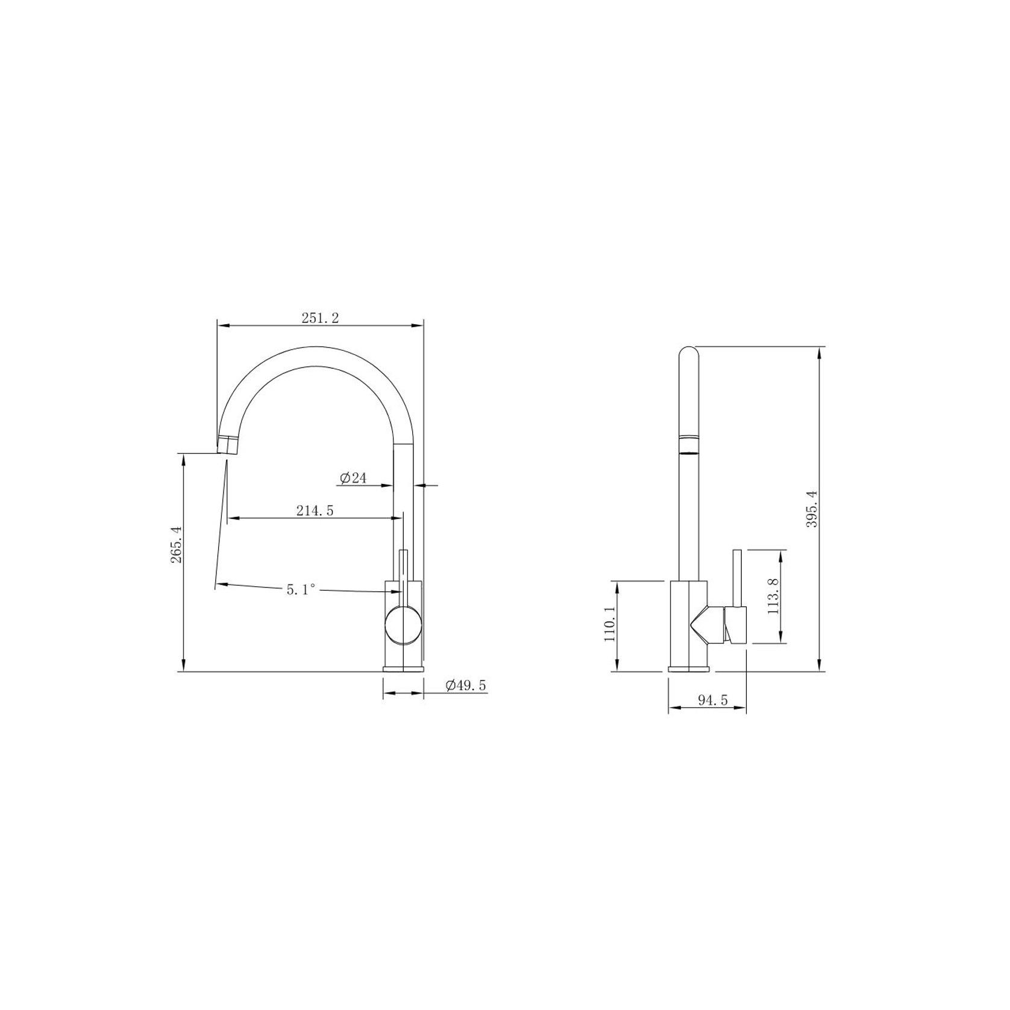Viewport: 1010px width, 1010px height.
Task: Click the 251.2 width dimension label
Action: (320, 318)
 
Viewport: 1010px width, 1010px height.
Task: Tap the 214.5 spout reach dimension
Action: (315, 510)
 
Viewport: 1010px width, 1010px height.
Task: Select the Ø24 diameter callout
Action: (353, 478)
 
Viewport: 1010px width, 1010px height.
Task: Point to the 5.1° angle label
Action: (301, 590)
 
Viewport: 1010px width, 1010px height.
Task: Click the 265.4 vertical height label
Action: (176, 545)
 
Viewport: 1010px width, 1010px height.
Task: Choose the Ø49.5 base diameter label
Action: (466, 685)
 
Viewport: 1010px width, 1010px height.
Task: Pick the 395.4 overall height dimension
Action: (812, 509)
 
